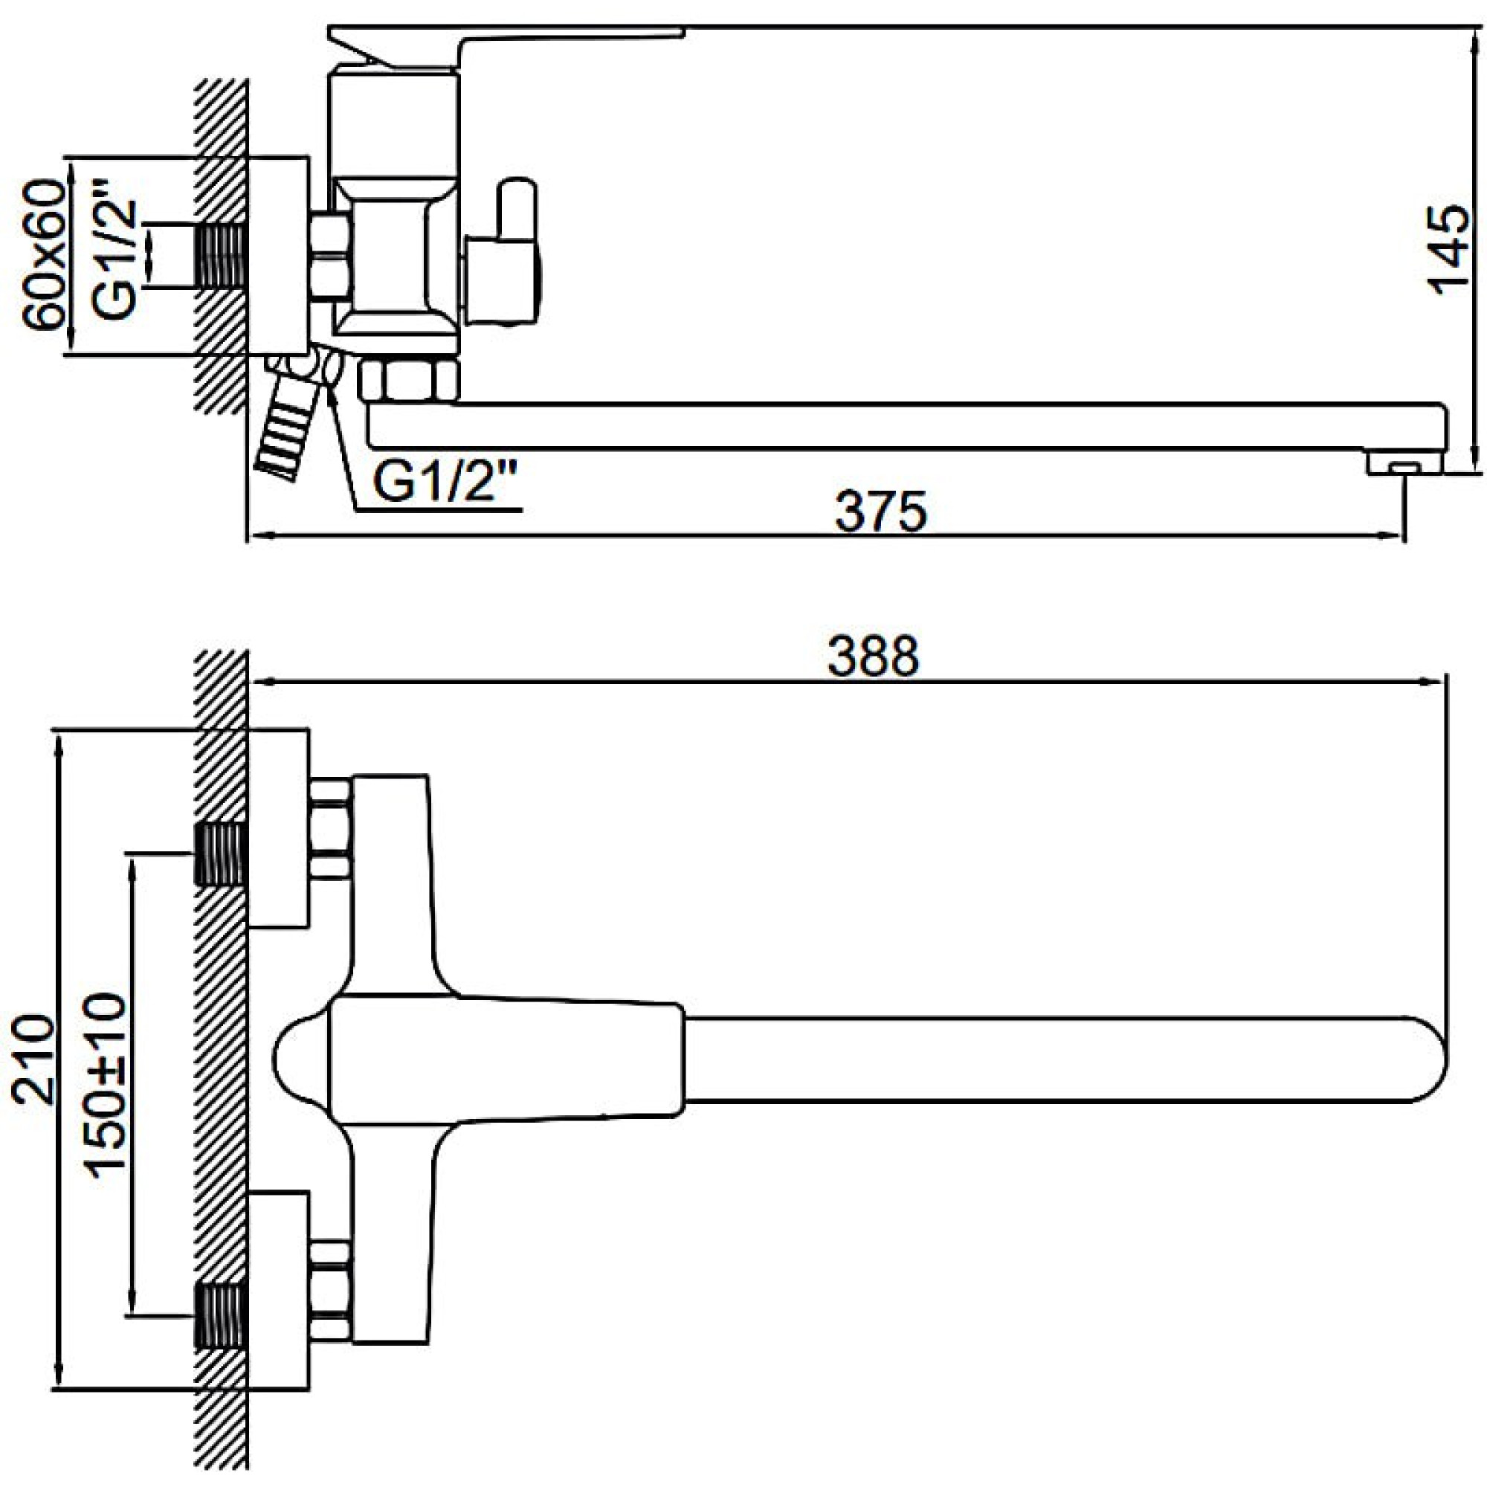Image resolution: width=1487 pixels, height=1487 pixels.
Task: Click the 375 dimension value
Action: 880,512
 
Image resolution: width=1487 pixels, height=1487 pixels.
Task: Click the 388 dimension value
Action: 874,656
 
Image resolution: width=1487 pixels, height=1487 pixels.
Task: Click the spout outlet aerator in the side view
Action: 1405,464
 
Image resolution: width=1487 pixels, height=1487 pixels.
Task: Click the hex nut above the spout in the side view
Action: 409,379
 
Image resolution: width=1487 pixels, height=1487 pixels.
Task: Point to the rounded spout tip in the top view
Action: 1428,1071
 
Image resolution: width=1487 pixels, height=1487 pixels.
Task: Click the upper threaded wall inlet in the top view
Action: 220,853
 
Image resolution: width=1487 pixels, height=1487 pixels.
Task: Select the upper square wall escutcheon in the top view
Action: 279,828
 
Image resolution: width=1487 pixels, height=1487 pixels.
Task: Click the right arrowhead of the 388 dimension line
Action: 1434,681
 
